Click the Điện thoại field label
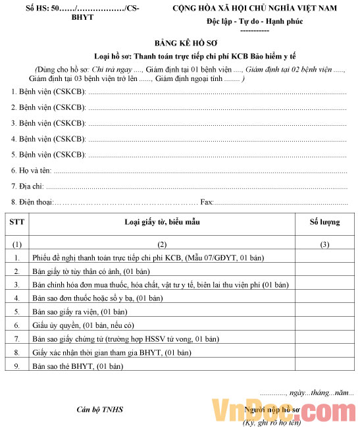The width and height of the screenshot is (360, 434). tap(32, 202)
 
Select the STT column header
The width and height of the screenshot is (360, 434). tap(17, 222)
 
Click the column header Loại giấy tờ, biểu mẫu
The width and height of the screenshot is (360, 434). tap(162, 222)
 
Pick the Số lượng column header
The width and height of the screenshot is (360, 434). tap(324, 222)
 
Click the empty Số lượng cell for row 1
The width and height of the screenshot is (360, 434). tap(324, 258)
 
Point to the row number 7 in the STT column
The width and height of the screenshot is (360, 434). tap(17, 339)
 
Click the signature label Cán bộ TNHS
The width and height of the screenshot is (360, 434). tap(100, 410)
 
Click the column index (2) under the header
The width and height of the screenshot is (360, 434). tap(162, 244)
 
